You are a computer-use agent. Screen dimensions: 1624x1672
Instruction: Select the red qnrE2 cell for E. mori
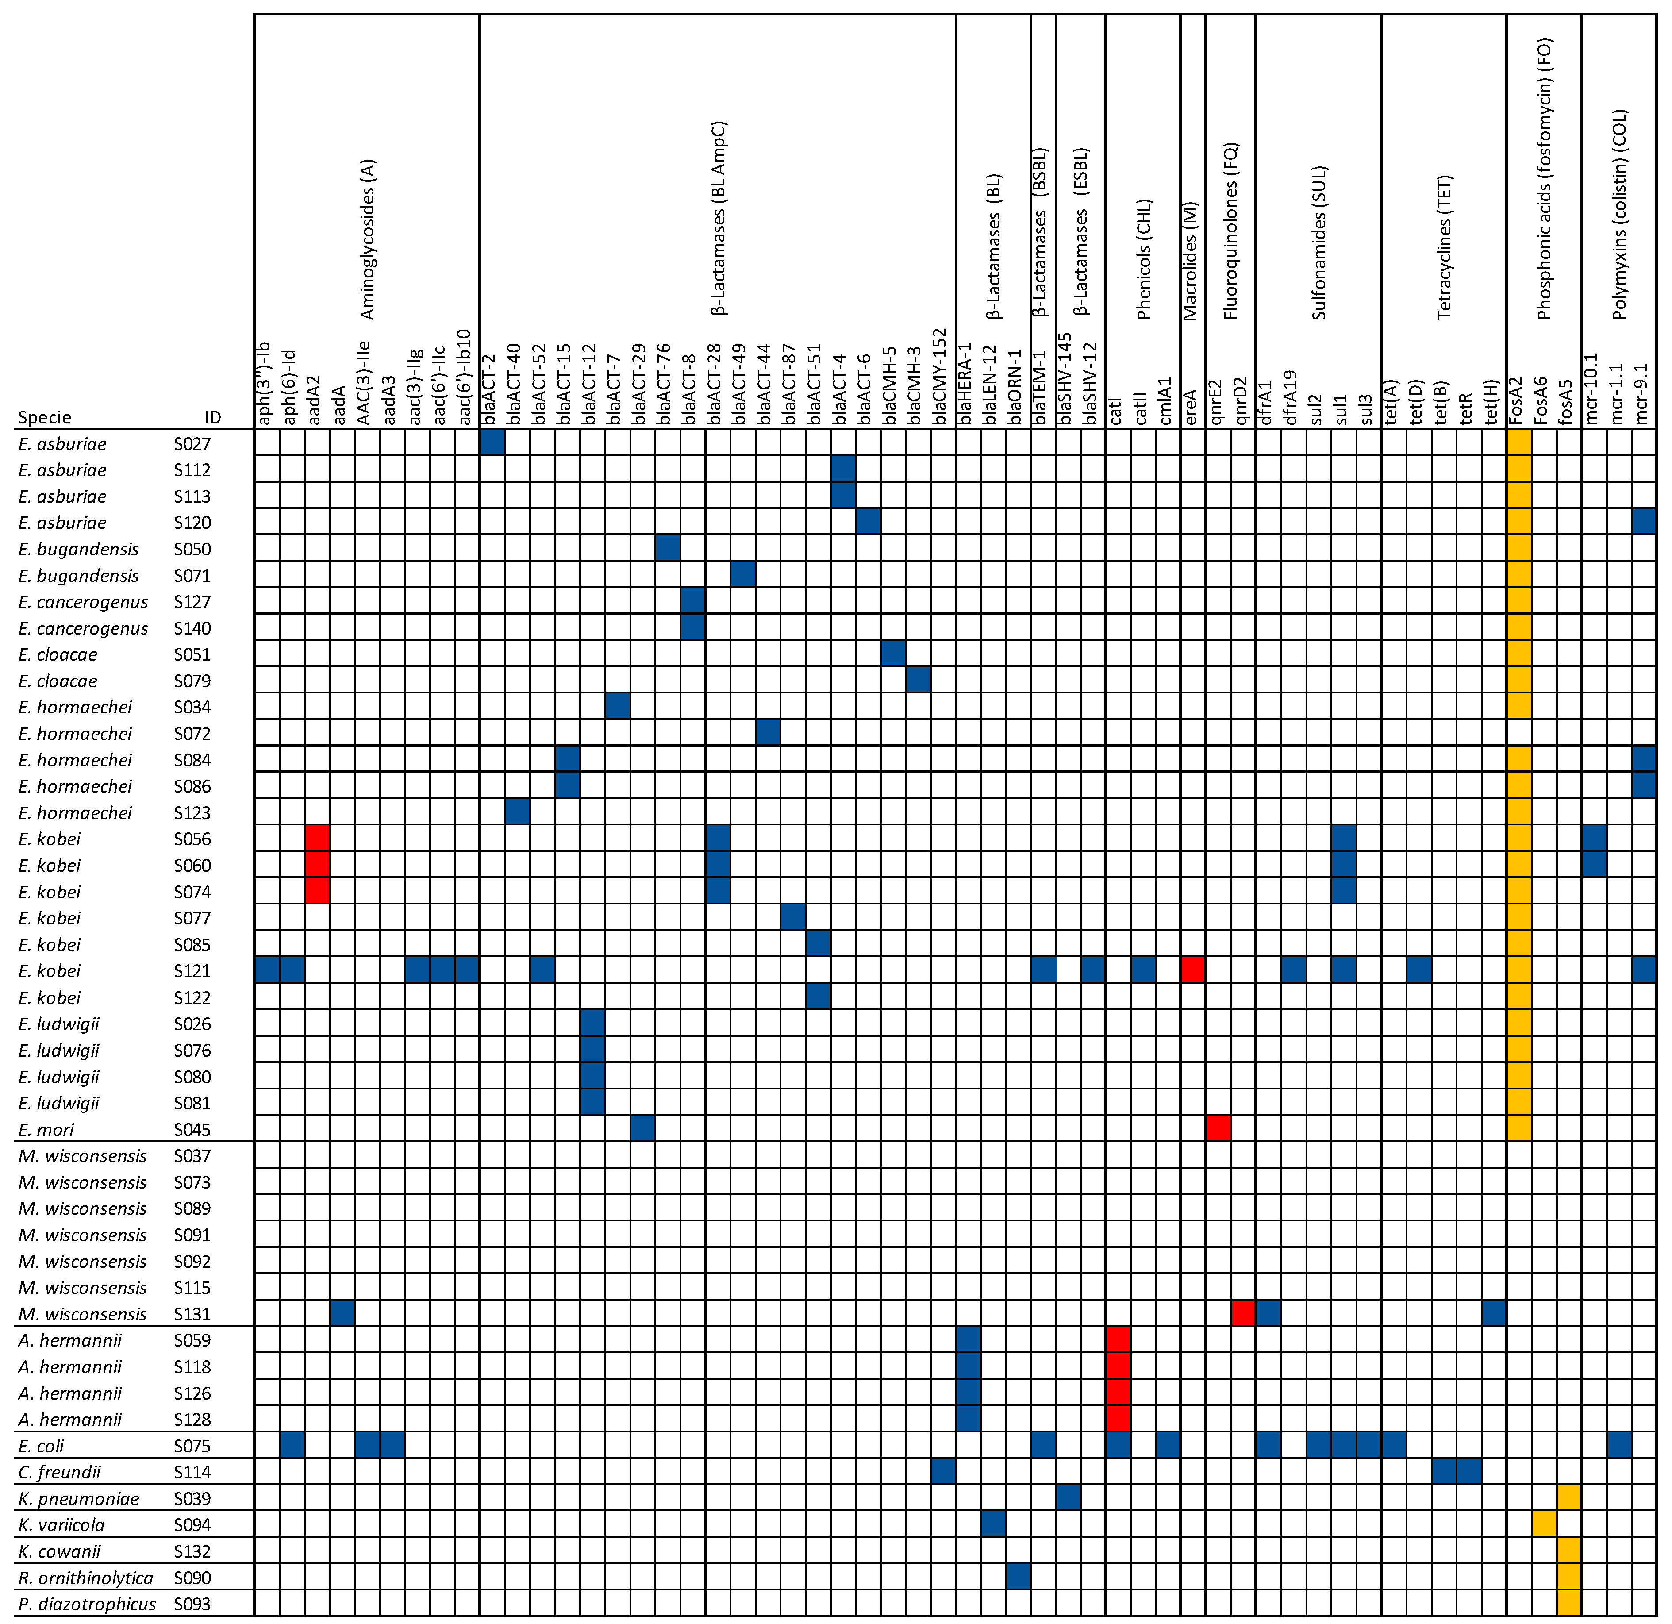point(1218,1128)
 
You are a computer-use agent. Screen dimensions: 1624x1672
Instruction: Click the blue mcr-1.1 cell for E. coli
point(1619,1445)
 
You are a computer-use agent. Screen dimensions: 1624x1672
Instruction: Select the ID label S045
point(192,1129)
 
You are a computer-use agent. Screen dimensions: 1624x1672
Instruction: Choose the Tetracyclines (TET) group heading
point(1443,247)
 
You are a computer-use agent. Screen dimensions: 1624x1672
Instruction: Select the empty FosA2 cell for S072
point(1519,732)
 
